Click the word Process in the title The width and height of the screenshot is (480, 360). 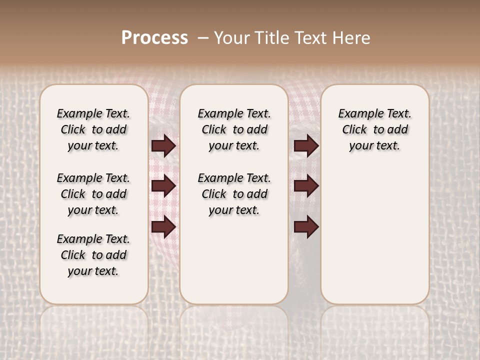point(154,38)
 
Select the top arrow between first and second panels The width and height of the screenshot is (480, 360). point(163,145)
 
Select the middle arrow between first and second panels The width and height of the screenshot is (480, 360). point(163,186)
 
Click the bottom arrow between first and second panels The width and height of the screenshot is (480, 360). point(163,227)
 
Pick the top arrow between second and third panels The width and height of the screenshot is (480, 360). point(306,145)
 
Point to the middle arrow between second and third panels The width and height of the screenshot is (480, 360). point(306,186)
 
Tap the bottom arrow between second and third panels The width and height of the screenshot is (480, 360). point(306,227)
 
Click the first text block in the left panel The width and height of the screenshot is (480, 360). point(93,129)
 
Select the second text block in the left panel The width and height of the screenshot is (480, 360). point(93,194)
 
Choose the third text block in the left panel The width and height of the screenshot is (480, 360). point(93,255)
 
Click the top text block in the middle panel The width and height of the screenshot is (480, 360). point(234,129)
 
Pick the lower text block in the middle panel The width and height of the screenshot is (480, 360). point(234,194)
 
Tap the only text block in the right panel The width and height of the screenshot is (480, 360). point(374,129)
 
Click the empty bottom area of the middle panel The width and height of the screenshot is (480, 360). point(234,265)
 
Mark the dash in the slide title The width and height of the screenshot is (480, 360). point(202,38)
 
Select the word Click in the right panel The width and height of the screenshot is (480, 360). point(354,130)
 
